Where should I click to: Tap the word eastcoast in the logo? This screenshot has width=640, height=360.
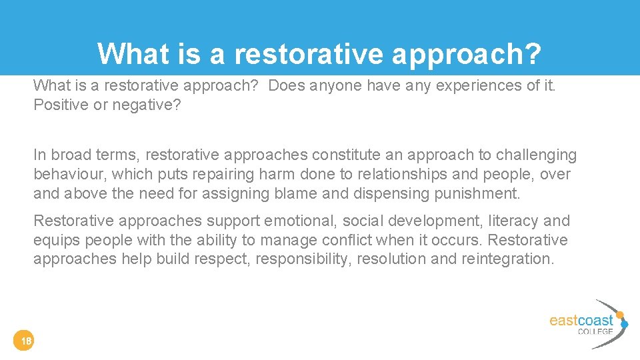581,321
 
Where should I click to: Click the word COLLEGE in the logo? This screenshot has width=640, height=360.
595,332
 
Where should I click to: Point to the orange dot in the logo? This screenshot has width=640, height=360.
620,315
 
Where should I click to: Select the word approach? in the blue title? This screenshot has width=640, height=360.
466,53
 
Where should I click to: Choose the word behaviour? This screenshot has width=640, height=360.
70,175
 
